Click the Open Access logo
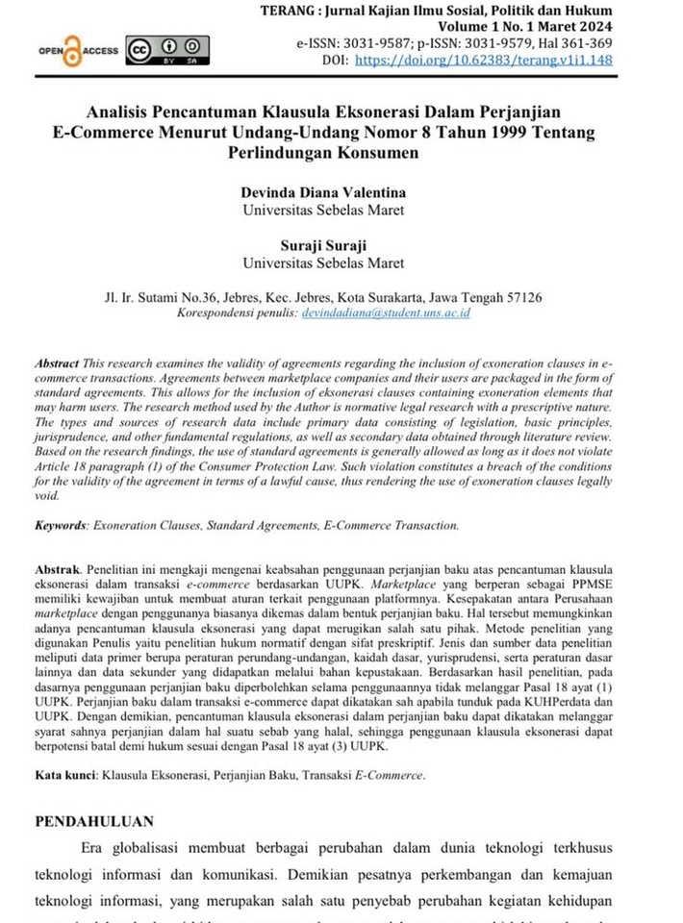(78, 50)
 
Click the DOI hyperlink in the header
(493, 60)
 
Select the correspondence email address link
(385, 313)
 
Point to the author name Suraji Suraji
(323, 245)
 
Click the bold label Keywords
(61, 526)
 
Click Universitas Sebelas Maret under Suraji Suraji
(323, 262)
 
